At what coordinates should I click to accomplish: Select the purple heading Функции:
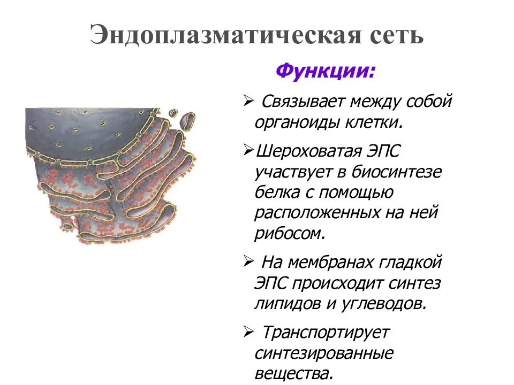325,71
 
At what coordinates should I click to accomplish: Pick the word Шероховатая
308,152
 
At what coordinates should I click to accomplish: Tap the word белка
277,192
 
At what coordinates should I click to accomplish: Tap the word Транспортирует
326,333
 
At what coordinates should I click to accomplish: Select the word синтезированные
323,354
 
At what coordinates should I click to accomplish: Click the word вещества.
292,374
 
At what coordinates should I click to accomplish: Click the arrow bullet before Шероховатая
249,151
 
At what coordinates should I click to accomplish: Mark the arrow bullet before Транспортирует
249,333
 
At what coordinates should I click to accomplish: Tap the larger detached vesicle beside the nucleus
187,121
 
